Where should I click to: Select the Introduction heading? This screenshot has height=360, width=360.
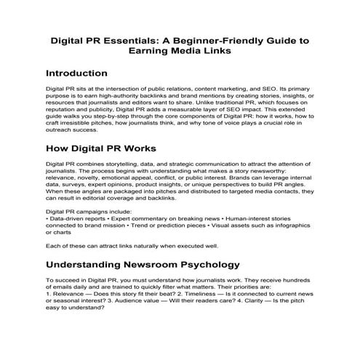click(x=76, y=73)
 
